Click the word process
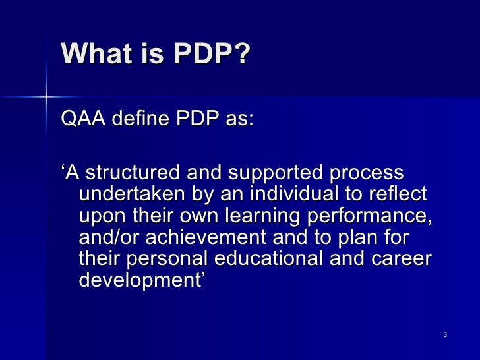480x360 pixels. [366, 174]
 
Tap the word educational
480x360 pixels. [289, 259]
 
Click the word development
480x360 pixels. [140, 281]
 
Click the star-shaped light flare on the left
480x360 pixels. [47, 98]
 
